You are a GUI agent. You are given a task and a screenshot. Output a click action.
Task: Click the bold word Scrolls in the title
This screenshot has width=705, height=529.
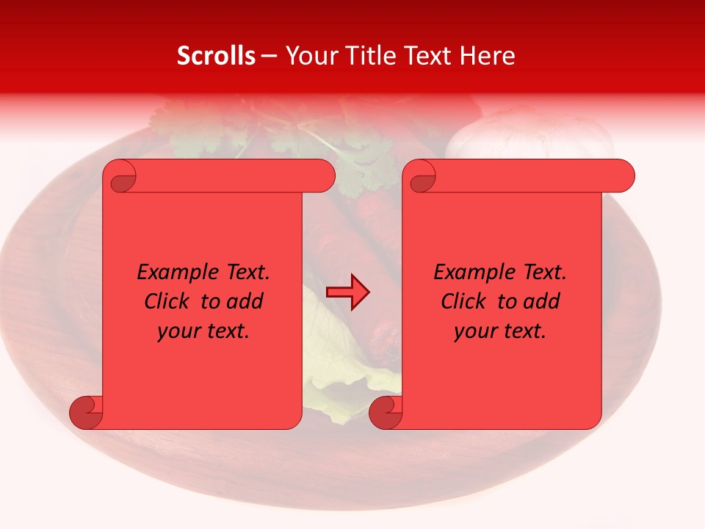216,56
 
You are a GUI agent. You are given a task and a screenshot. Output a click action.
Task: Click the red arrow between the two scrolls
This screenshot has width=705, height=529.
347,292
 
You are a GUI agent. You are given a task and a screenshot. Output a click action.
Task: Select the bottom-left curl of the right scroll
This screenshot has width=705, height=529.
385,412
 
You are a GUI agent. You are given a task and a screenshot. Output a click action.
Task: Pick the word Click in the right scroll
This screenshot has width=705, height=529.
463,301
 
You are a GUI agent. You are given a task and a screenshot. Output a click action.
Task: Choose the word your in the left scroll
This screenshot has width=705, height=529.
178,331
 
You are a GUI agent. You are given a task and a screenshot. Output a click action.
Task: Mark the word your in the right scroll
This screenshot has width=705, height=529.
474,331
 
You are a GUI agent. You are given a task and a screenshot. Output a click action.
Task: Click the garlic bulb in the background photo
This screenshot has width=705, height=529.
529,136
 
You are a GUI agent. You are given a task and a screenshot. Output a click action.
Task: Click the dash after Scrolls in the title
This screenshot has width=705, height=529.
269,57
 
